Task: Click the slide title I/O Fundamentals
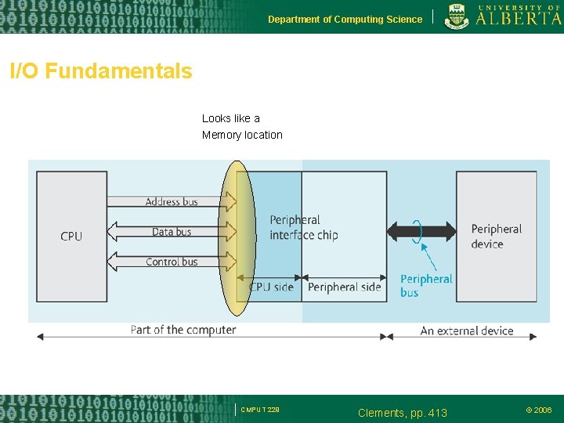pyautogui.click(x=100, y=71)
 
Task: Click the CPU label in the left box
pyautogui.click(x=71, y=236)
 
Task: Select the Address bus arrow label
pyautogui.click(x=172, y=202)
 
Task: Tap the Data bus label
pyautogui.click(x=172, y=232)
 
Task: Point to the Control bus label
pyautogui.click(x=172, y=262)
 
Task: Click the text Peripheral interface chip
pyautogui.click(x=304, y=227)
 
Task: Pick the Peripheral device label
pyautogui.click(x=496, y=236)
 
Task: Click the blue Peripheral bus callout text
pyautogui.click(x=426, y=285)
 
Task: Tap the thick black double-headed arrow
pyautogui.click(x=421, y=230)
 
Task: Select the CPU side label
pyautogui.click(x=272, y=287)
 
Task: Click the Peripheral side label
pyautogui.click(x=345, y=287)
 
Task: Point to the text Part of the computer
pyautogui.click(x=183, y=330)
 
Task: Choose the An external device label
pyautogui.click(x=467, y=331)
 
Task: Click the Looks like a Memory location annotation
pyautogui.click(x=242, y=126)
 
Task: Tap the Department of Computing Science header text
pyautogui.click(x=345, y=19)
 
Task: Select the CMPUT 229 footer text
pyautogui.click(x=260, y=410)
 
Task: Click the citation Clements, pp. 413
pyautogui.click(x=403, y=412)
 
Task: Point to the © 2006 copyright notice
pyautogui.click(x=538, y=410)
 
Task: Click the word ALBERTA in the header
pyautogui.click(x=518, y=19)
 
